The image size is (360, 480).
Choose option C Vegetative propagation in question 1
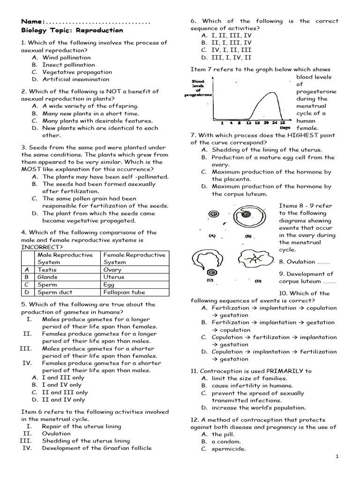coord(77,72)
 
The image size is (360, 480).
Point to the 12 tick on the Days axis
coord(249,122)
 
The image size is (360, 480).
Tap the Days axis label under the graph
coord(285,127)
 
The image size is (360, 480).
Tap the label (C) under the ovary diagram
coord(210,280)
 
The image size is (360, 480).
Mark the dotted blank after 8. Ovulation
coord(323,262)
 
